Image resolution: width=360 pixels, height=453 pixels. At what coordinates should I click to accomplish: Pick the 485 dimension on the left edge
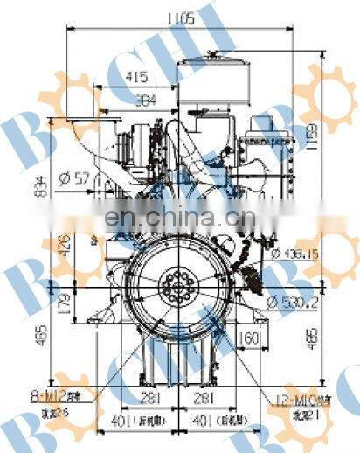63,335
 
